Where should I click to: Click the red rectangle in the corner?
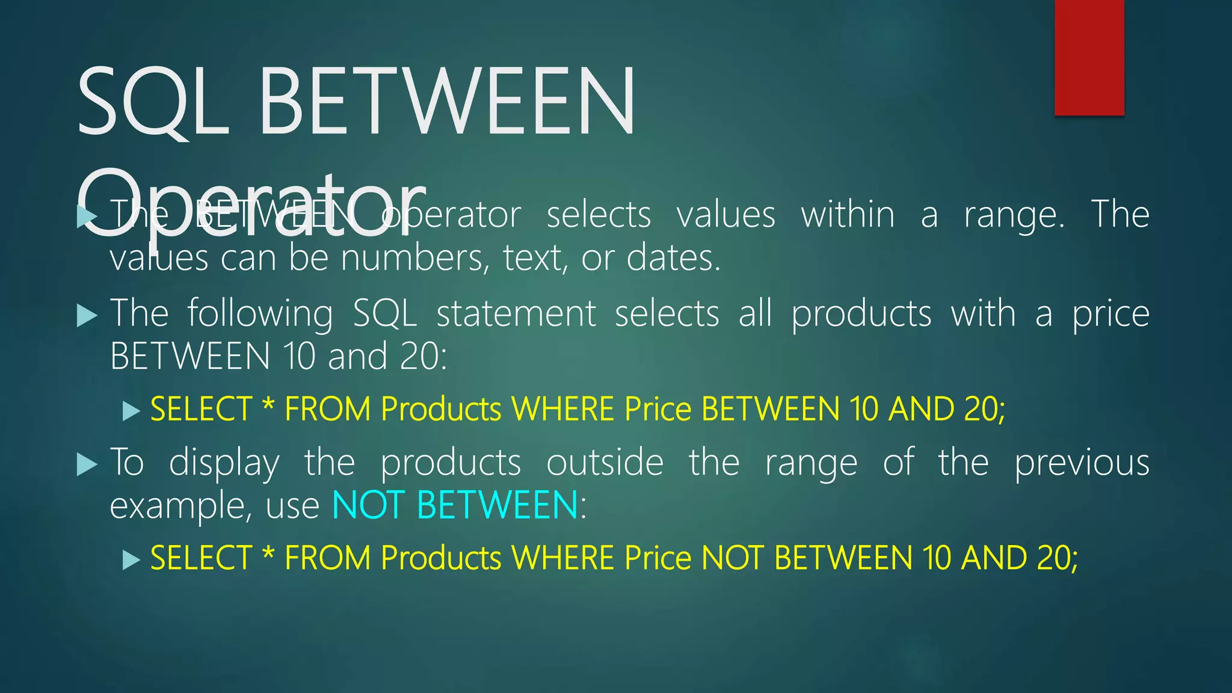tap(1089, 57)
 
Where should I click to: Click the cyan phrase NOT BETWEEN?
tap(455, 505)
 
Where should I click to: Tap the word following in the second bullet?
tap(260, 314)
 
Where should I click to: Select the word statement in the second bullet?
tap(516, 314)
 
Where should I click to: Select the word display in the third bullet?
tap(224, 463)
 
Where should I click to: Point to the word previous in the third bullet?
tap(1082, 463)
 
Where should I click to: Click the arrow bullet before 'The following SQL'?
tap(87, 315)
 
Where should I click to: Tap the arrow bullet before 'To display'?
tap(87, 464)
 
